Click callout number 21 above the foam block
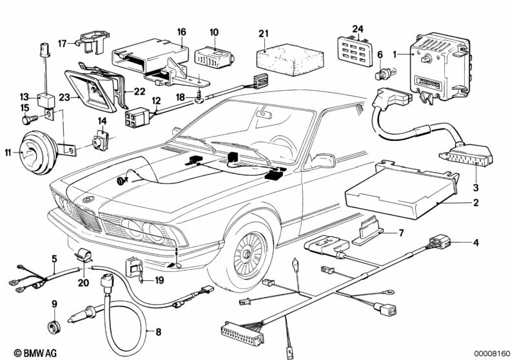pos(262,33)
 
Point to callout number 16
pos(181,31)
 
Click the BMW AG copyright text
pos(23,352)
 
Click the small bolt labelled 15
pos(28,120)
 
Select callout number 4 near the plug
pos(476,243)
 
